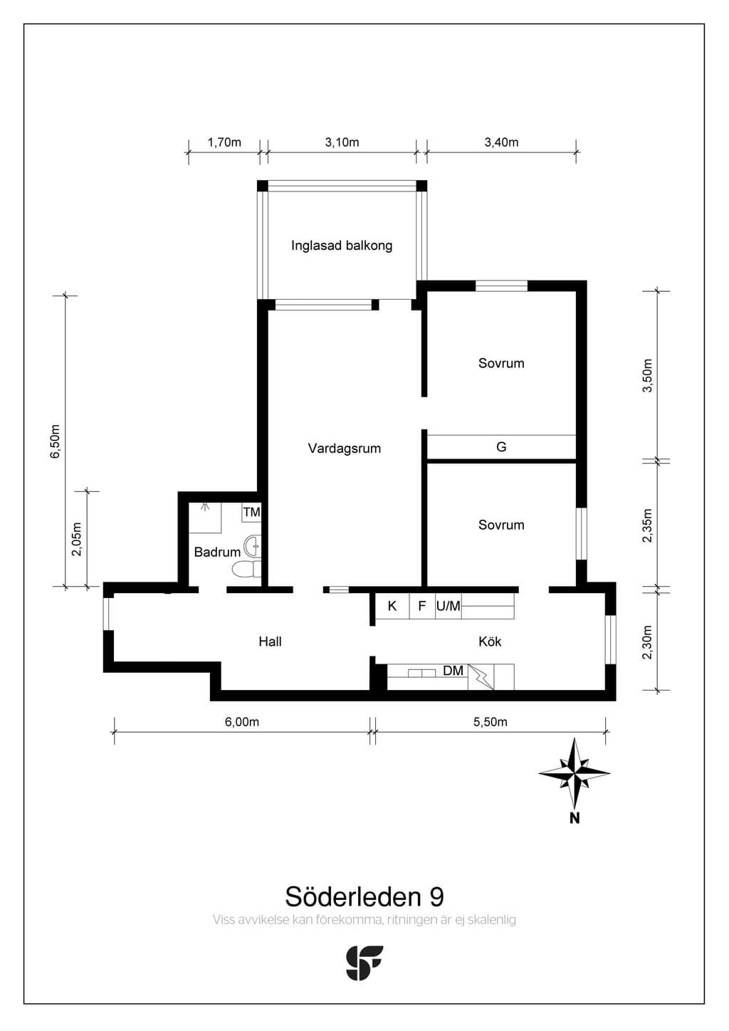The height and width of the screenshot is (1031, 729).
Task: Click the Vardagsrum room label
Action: click(x=345, y=449)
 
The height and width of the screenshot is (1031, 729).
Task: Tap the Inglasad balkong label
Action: click(x=342, y=246)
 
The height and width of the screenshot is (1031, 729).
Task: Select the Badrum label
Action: click(x=217, y=552)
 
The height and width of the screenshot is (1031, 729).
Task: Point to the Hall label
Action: click(x=270, y=641)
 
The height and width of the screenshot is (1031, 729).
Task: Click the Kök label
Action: click(x=490, y=641)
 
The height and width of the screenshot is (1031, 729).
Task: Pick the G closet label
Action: click(x=501, y=446)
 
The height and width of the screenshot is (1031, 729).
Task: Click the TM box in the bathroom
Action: click(x=251, y=512)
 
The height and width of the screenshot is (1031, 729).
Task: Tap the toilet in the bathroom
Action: click(x=247, y=570)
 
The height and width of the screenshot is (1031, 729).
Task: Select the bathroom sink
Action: click(x=252, y=546)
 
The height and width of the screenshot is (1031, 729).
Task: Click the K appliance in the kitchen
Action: click(x=392, y=606)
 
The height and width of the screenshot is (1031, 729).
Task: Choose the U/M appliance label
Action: click(x=449, y=606)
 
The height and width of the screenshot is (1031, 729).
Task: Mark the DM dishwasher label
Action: click(x=453, y=671)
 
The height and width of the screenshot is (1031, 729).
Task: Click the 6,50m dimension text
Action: click(x=56, y=441)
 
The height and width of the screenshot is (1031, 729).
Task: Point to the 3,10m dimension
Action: click(x=342, y=142)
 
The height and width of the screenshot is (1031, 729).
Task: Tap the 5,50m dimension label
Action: click(x=490, y=722)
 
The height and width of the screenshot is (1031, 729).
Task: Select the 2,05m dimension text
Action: click(x=77, y=539)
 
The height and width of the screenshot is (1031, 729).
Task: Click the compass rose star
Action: click(x=574, y=774)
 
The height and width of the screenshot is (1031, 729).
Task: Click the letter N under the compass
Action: click(x=574, y=818)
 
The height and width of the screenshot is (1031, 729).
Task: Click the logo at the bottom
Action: click(x=364, y=963)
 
